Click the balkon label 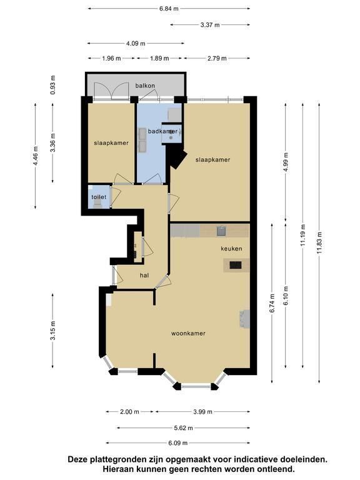[145, 86]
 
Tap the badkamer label [162, 131]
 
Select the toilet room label [99, 197]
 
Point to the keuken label [231, 249]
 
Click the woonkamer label [188, 333]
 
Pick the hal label [144, 276]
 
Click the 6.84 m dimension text [169, 9]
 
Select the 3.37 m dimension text [210, 25]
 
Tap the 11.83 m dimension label [319, 242]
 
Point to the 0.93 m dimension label [53, 84]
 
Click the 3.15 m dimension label [53, 330]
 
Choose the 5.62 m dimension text [183, 428]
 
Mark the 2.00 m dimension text [129, 412]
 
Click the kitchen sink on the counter [221, 231]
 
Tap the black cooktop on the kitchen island [236, 265]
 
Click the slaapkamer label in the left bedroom [111, 143]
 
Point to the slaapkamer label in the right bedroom [212, 160]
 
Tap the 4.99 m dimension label [286, 162]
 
